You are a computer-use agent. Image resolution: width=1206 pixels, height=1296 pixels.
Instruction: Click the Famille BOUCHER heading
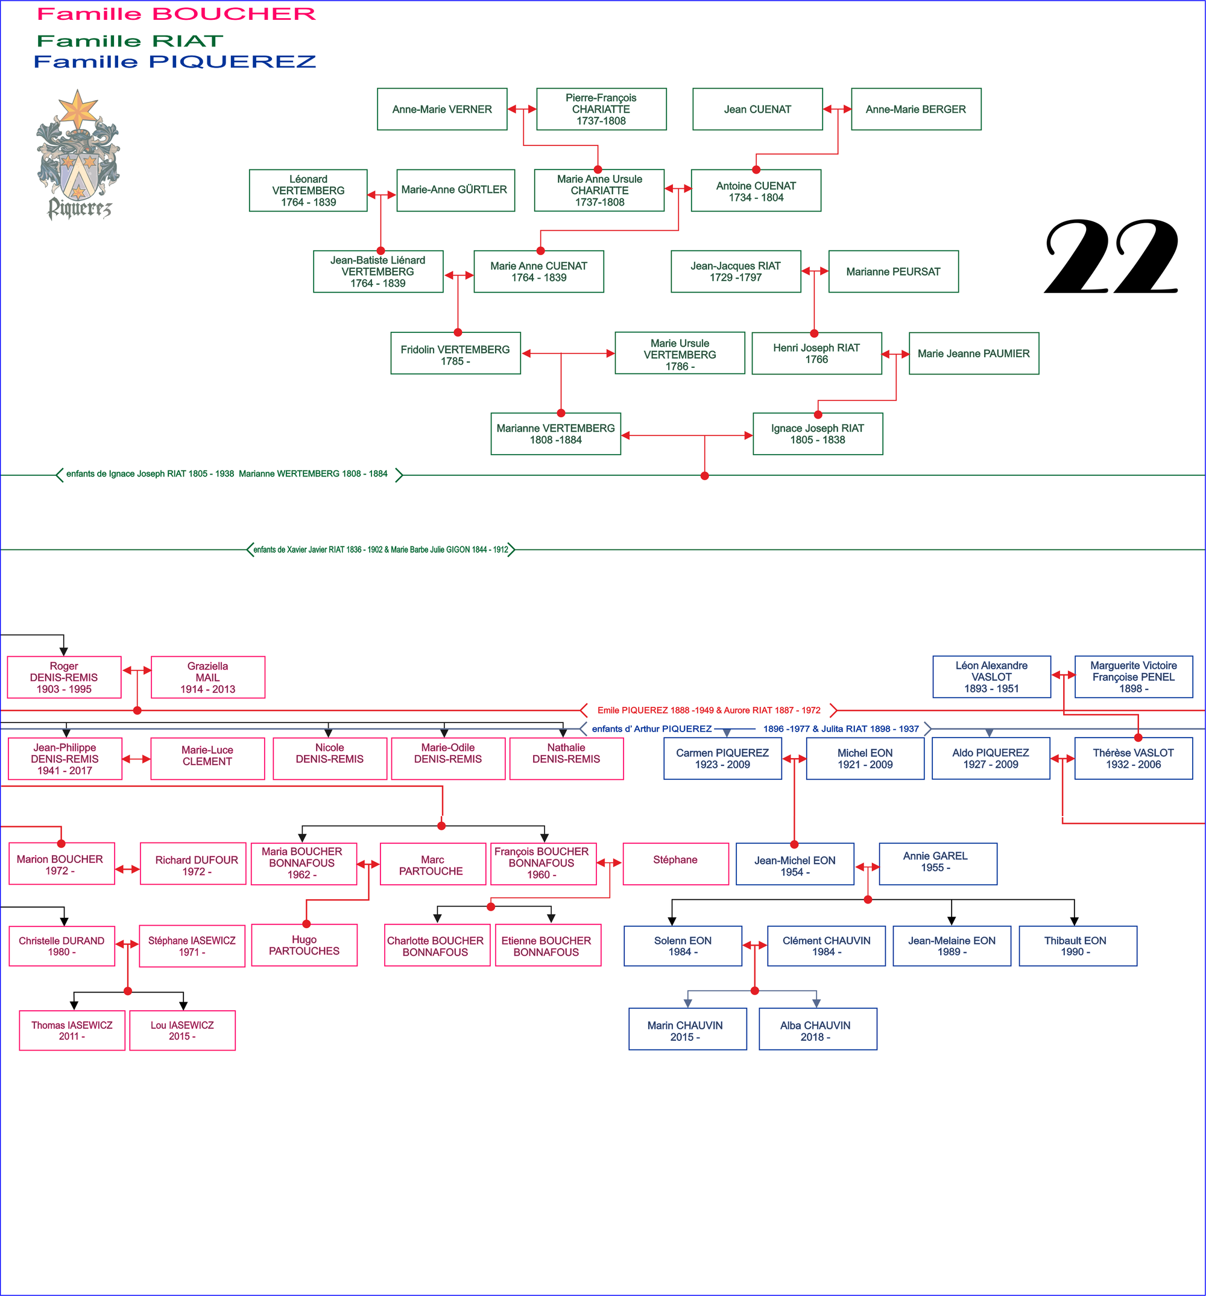click(x=176, y=14)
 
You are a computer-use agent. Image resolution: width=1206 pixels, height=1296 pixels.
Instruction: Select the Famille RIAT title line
click(x=130, y=41)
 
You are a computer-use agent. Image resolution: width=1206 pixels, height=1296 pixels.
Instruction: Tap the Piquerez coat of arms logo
click(x=78, y=155)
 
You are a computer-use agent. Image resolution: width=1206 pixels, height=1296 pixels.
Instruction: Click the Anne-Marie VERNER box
click(x=442, y=110)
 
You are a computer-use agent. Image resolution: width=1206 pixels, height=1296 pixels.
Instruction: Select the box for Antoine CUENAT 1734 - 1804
click(x=756, y=191)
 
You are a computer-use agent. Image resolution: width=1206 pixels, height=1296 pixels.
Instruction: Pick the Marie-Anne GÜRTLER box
click(x=455, y=191)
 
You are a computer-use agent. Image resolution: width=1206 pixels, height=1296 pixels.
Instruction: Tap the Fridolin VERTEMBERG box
click(x=455, y=354)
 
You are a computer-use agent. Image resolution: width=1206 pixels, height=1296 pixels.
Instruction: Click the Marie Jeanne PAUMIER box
click(x=973, y=354)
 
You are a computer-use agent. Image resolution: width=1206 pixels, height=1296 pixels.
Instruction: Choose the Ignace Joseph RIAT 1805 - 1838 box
click(x=818, y=434)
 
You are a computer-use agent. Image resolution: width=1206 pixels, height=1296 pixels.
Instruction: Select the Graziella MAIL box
click(x=207, y=677)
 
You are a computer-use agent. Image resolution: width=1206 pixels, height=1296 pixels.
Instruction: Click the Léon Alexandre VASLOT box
click(x=991, y=677)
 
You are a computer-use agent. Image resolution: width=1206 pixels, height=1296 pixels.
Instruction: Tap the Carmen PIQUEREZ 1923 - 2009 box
click(x=722, y=758)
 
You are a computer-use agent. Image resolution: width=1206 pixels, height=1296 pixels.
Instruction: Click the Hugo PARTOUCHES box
click(x=304, y=945)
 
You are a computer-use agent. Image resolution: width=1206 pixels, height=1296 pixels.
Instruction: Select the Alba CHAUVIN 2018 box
click(x=818, y=1029)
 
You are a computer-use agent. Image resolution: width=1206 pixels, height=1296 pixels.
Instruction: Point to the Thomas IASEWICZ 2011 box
click(x=72, y=1030)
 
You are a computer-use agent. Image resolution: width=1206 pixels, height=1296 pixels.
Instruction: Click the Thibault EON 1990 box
click(x=1077, y=946)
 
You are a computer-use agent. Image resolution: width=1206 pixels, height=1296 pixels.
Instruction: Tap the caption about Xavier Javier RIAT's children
click(x=380, y=549)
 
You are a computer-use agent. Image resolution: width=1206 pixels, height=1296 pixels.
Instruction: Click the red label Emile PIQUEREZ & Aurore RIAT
click(x=709, y=710)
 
